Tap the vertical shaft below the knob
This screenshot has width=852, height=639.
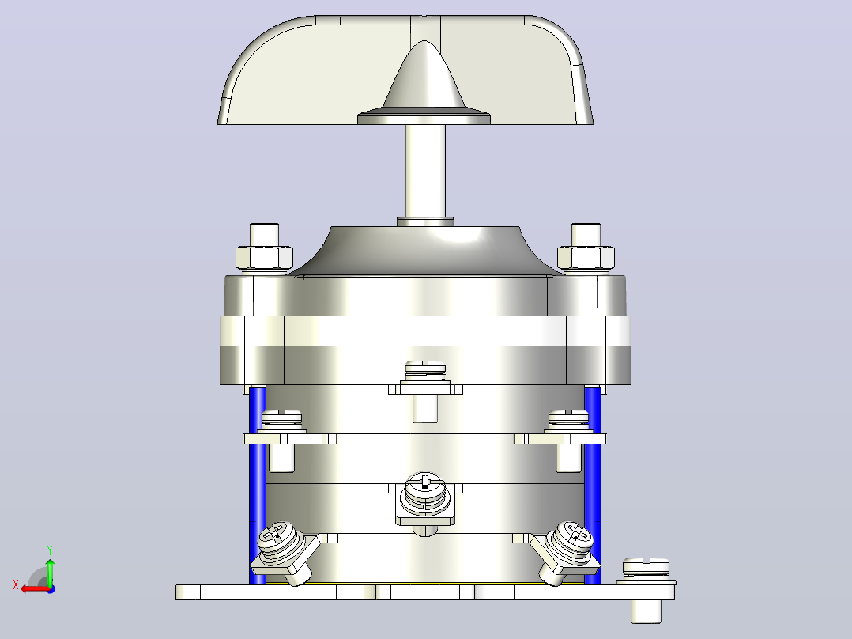click(425, 172)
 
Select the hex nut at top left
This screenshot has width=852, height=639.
click(264, 257)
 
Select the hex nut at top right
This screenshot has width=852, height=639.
click(586, 257)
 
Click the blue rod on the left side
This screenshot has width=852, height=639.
click(256, 484)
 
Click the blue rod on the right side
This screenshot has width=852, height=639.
click(593, 484)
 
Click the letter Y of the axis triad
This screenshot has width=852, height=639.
click(50, 550)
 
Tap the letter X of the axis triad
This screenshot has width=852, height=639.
click(16, 585)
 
